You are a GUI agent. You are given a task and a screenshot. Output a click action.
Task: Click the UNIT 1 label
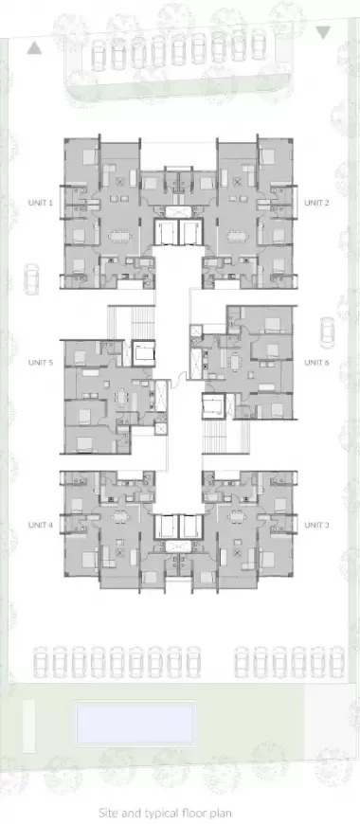41,203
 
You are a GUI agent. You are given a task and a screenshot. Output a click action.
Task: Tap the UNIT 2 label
317,203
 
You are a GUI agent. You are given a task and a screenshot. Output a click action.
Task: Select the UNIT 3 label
317,525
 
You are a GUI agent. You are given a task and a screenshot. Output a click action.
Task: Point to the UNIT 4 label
41,525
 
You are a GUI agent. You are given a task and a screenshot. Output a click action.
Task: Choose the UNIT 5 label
41,362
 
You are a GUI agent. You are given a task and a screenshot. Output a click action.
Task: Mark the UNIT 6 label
317,362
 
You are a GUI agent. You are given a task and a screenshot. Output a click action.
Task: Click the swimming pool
135,724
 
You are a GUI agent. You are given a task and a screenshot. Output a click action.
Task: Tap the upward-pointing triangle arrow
34,48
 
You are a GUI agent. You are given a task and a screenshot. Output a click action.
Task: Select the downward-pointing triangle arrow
323,32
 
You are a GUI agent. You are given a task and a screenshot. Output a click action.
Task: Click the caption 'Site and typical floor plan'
165,814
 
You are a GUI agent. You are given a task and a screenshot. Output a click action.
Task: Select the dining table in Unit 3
237,515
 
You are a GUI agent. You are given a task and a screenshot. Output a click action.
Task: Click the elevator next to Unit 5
143,353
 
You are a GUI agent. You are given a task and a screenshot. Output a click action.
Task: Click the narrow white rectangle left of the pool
29,726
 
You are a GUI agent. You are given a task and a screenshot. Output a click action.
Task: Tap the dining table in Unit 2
238,237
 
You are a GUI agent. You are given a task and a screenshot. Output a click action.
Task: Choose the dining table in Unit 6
234,362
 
